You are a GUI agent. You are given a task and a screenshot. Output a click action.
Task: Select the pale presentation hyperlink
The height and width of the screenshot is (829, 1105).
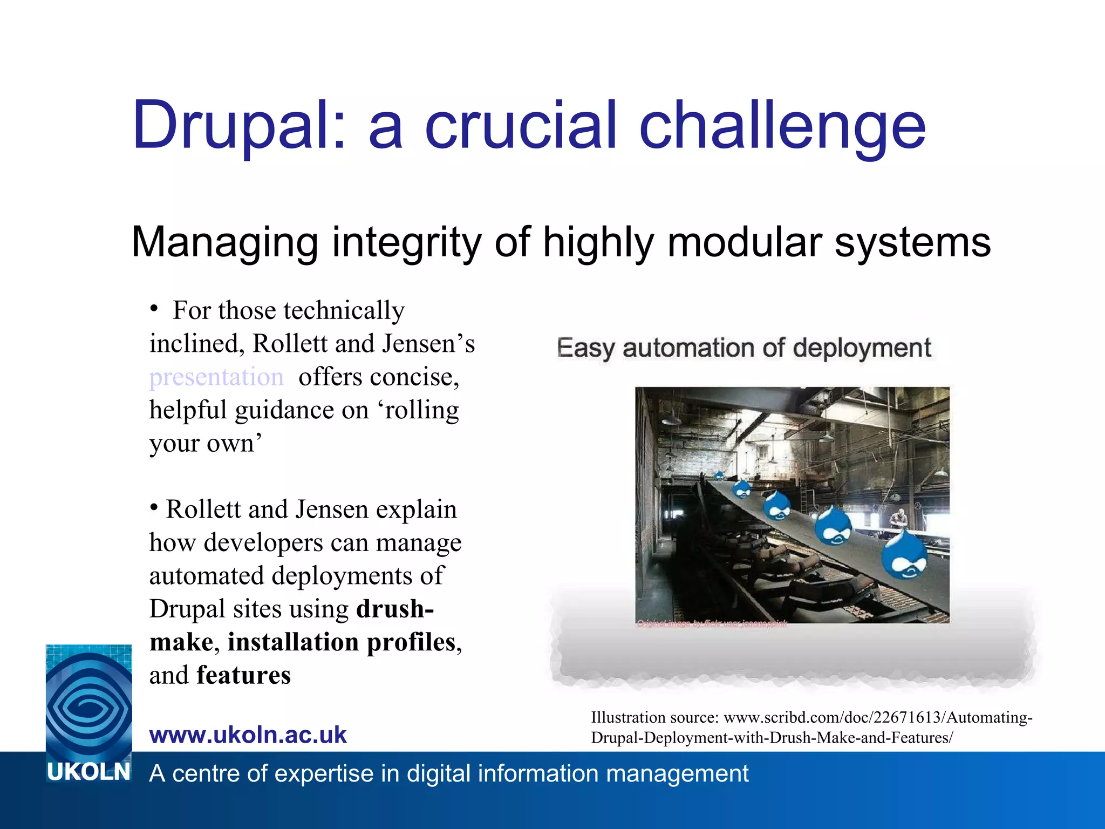(216, 377)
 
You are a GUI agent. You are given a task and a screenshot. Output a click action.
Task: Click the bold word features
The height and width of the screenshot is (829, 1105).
(243, 675)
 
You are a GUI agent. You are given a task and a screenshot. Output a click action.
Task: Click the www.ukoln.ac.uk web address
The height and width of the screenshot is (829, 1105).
(248, 735)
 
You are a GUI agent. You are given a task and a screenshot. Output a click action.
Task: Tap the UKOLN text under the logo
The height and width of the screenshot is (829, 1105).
(88, 772)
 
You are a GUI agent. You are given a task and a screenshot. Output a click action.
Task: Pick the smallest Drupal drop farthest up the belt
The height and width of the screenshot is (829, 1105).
(719, 475)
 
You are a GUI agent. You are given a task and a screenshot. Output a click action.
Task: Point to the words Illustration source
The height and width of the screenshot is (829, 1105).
(654, 718)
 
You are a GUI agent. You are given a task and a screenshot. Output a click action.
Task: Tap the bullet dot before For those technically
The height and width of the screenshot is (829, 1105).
(154, 309)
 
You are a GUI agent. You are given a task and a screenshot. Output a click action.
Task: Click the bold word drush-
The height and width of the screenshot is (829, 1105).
(395, 609)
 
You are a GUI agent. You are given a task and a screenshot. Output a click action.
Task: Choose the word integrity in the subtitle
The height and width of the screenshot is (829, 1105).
(406, 242)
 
